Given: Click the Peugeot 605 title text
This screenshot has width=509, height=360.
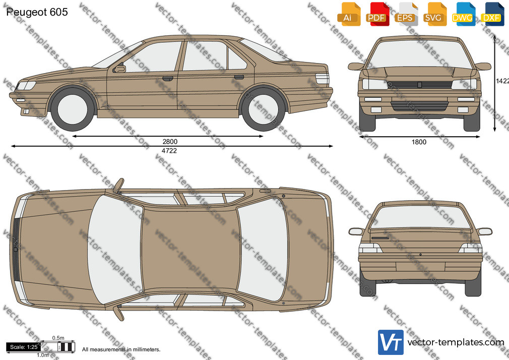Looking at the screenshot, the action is pos(37,12).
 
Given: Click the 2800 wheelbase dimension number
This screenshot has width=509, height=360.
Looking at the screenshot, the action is pos(170,142).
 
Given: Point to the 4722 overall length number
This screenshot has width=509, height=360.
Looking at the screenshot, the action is pos(169,150).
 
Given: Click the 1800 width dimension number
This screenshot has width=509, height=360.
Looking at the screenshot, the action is pos(419,142).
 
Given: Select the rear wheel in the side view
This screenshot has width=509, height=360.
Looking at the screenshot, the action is pos(264,108).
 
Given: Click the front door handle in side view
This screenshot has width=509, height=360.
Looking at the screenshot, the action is pos(168,78).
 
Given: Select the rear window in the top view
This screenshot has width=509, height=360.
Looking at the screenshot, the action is pos(263,250).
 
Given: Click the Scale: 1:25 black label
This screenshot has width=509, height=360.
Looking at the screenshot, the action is pos(23,347).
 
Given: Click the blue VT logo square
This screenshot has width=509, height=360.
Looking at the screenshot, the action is pos(391,342).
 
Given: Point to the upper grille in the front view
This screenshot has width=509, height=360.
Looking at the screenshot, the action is pos(419,85).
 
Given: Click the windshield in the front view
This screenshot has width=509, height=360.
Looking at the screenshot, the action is pos(419,54).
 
